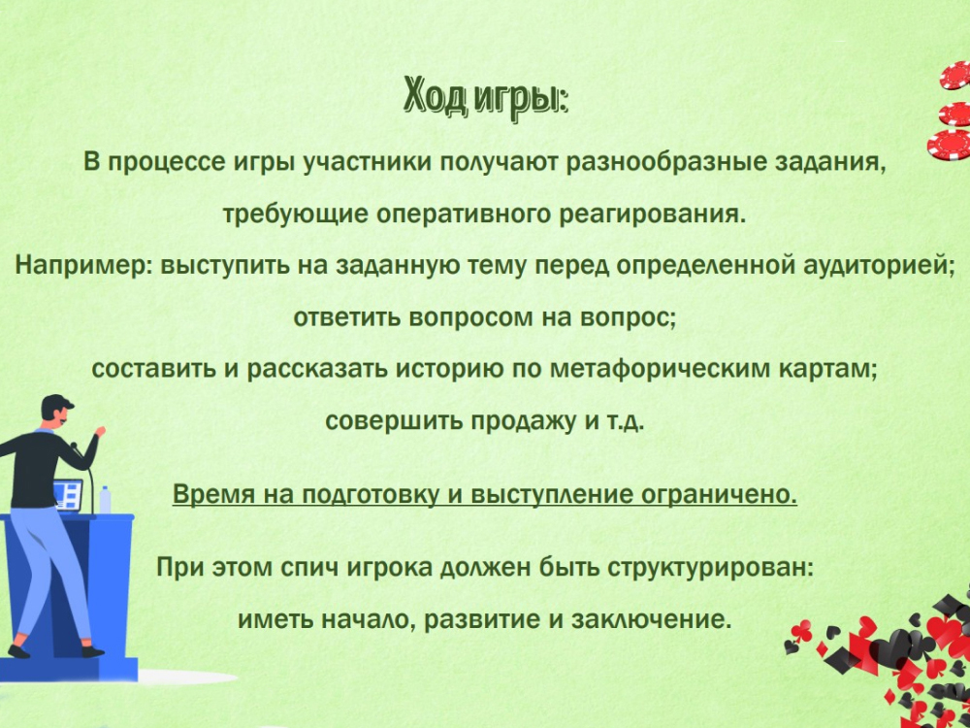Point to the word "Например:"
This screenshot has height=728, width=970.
(x=84, y=265)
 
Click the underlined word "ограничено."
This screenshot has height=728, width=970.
(x=718, y=495)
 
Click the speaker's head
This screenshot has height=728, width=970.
(x=58, y=412)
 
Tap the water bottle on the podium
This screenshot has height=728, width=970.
(x=105, y=500)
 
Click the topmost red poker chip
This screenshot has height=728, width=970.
(x=955, y=76)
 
